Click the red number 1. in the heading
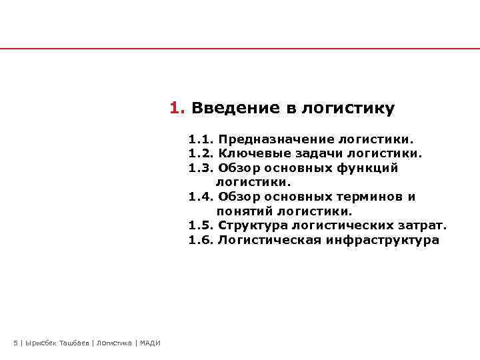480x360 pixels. (177, 108)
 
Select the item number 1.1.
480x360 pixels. (200, 140)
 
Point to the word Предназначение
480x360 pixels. (276, 140)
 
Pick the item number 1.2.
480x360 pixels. (200, 154)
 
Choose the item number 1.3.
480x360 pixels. (200, 168)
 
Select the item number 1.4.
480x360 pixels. (200, 197)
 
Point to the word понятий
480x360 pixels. (243, 211)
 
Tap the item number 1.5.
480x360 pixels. (200, 225)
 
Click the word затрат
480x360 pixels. (424, 225)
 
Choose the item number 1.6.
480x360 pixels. (200, 240)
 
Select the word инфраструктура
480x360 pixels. (383, 240)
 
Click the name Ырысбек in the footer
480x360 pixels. (40, 343)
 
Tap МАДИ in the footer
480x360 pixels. (150, 343)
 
